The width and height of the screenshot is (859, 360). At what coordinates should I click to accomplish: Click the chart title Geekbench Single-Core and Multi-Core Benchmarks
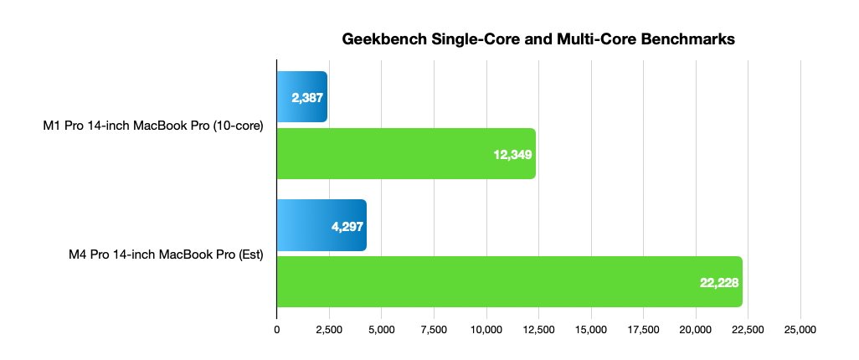538,39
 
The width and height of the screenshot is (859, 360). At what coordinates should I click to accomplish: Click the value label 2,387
307,97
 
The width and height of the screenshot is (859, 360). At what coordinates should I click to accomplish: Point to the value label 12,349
513,154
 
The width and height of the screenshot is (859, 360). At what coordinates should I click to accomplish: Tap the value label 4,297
345,225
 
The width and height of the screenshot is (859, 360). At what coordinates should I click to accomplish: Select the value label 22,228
718,282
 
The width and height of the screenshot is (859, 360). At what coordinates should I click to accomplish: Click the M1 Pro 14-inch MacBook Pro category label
153,126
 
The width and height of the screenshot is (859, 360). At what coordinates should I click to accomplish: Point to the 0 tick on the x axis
277,329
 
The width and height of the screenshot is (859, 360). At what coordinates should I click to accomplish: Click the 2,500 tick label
329,329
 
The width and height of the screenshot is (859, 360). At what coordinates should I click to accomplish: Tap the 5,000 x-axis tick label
382,329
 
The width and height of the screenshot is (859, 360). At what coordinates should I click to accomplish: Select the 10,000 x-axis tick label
486,329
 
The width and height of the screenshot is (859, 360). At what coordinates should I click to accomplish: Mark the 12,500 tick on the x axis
538,329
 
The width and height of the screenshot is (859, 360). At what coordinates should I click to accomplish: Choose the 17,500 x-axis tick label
643,329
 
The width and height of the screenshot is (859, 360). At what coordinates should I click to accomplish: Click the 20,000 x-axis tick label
696,329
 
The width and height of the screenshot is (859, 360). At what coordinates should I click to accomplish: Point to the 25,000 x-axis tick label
800,329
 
